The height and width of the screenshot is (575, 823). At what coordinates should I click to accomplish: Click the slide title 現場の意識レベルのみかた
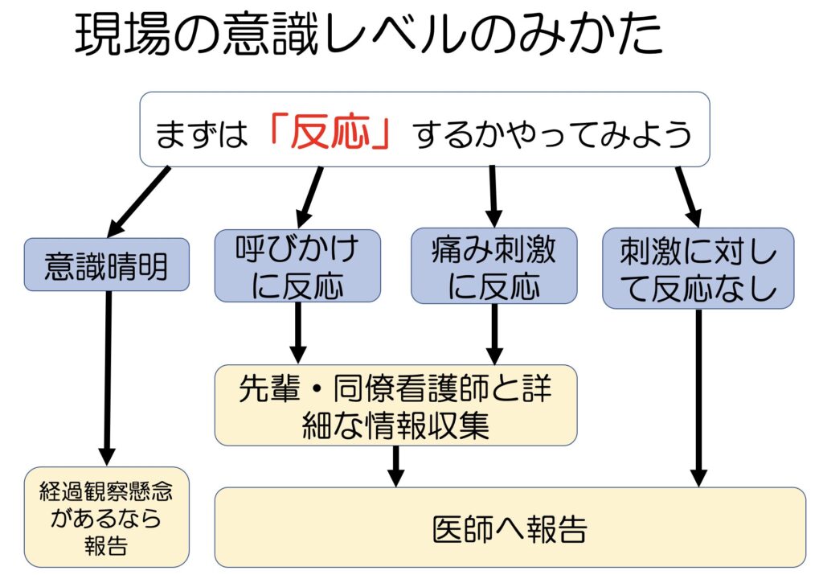[x=370, y=36]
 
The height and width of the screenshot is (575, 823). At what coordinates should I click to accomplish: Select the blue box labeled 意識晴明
[x=106, y=265]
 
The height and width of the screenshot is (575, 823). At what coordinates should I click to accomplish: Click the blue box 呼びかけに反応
[x=297, y=265]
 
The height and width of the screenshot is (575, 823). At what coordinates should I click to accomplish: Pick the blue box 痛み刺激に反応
[x=493, y=265]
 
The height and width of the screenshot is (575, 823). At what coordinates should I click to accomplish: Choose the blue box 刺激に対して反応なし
[x=698, y=268]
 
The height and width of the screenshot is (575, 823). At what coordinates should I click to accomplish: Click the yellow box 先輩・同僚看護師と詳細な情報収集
[x=395, y=405]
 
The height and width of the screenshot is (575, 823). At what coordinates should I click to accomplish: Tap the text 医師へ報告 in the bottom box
[x=510, y=528]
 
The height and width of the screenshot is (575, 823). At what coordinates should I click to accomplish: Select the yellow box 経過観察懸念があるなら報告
[x=106, y=516]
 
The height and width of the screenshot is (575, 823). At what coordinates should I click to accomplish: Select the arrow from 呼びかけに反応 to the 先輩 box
[x=297, y=332]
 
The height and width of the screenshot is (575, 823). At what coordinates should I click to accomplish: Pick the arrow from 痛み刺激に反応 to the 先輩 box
[x=494, y=332]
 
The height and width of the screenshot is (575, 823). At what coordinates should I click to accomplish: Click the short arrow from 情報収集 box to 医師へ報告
[x=395, y=466]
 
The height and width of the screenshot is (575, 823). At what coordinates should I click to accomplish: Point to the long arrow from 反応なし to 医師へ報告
[x=698, y=397]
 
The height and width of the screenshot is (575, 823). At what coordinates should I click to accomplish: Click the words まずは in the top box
[x=201, y=133]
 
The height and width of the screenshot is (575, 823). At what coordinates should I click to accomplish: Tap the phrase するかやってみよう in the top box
[x=553, y=133]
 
